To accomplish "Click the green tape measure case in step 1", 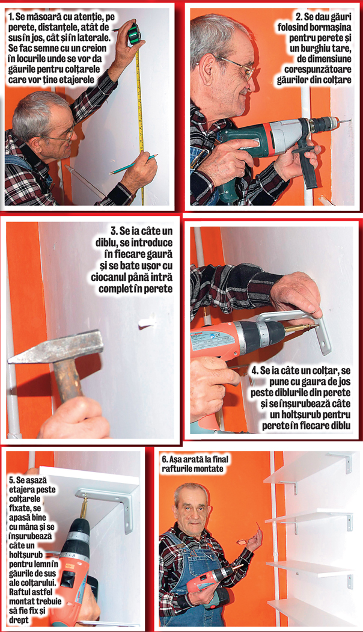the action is [x=134, y=34].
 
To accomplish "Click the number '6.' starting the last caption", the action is [x=165, y=459].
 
